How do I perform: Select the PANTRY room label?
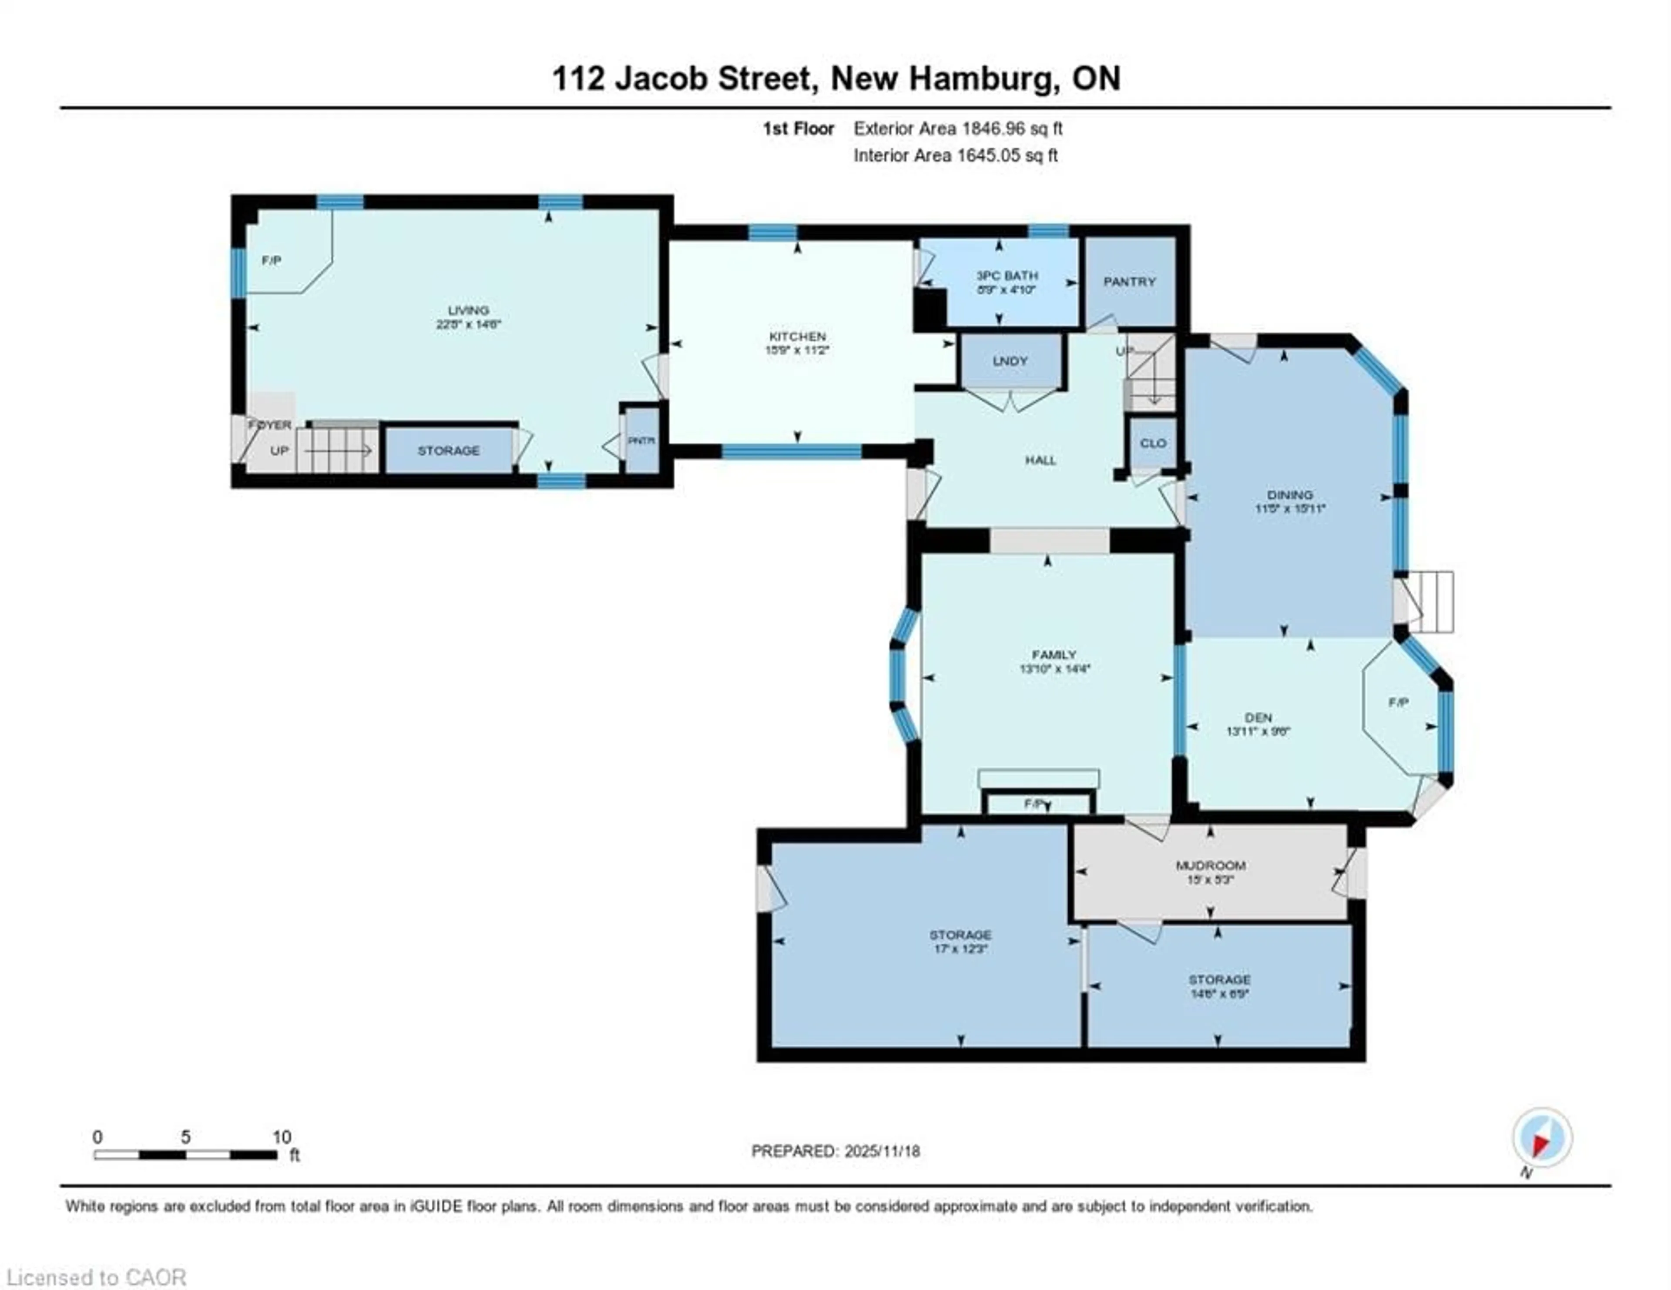[1129, 281]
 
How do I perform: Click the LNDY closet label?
[1010, 361]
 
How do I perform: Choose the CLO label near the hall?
[1153, 443]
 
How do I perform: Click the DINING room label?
[1289, 495]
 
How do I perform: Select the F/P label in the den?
[1399, 702]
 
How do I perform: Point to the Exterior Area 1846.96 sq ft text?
[958, 128]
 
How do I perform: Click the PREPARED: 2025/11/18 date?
[835, 1151]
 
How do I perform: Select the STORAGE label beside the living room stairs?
[448, 450]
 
